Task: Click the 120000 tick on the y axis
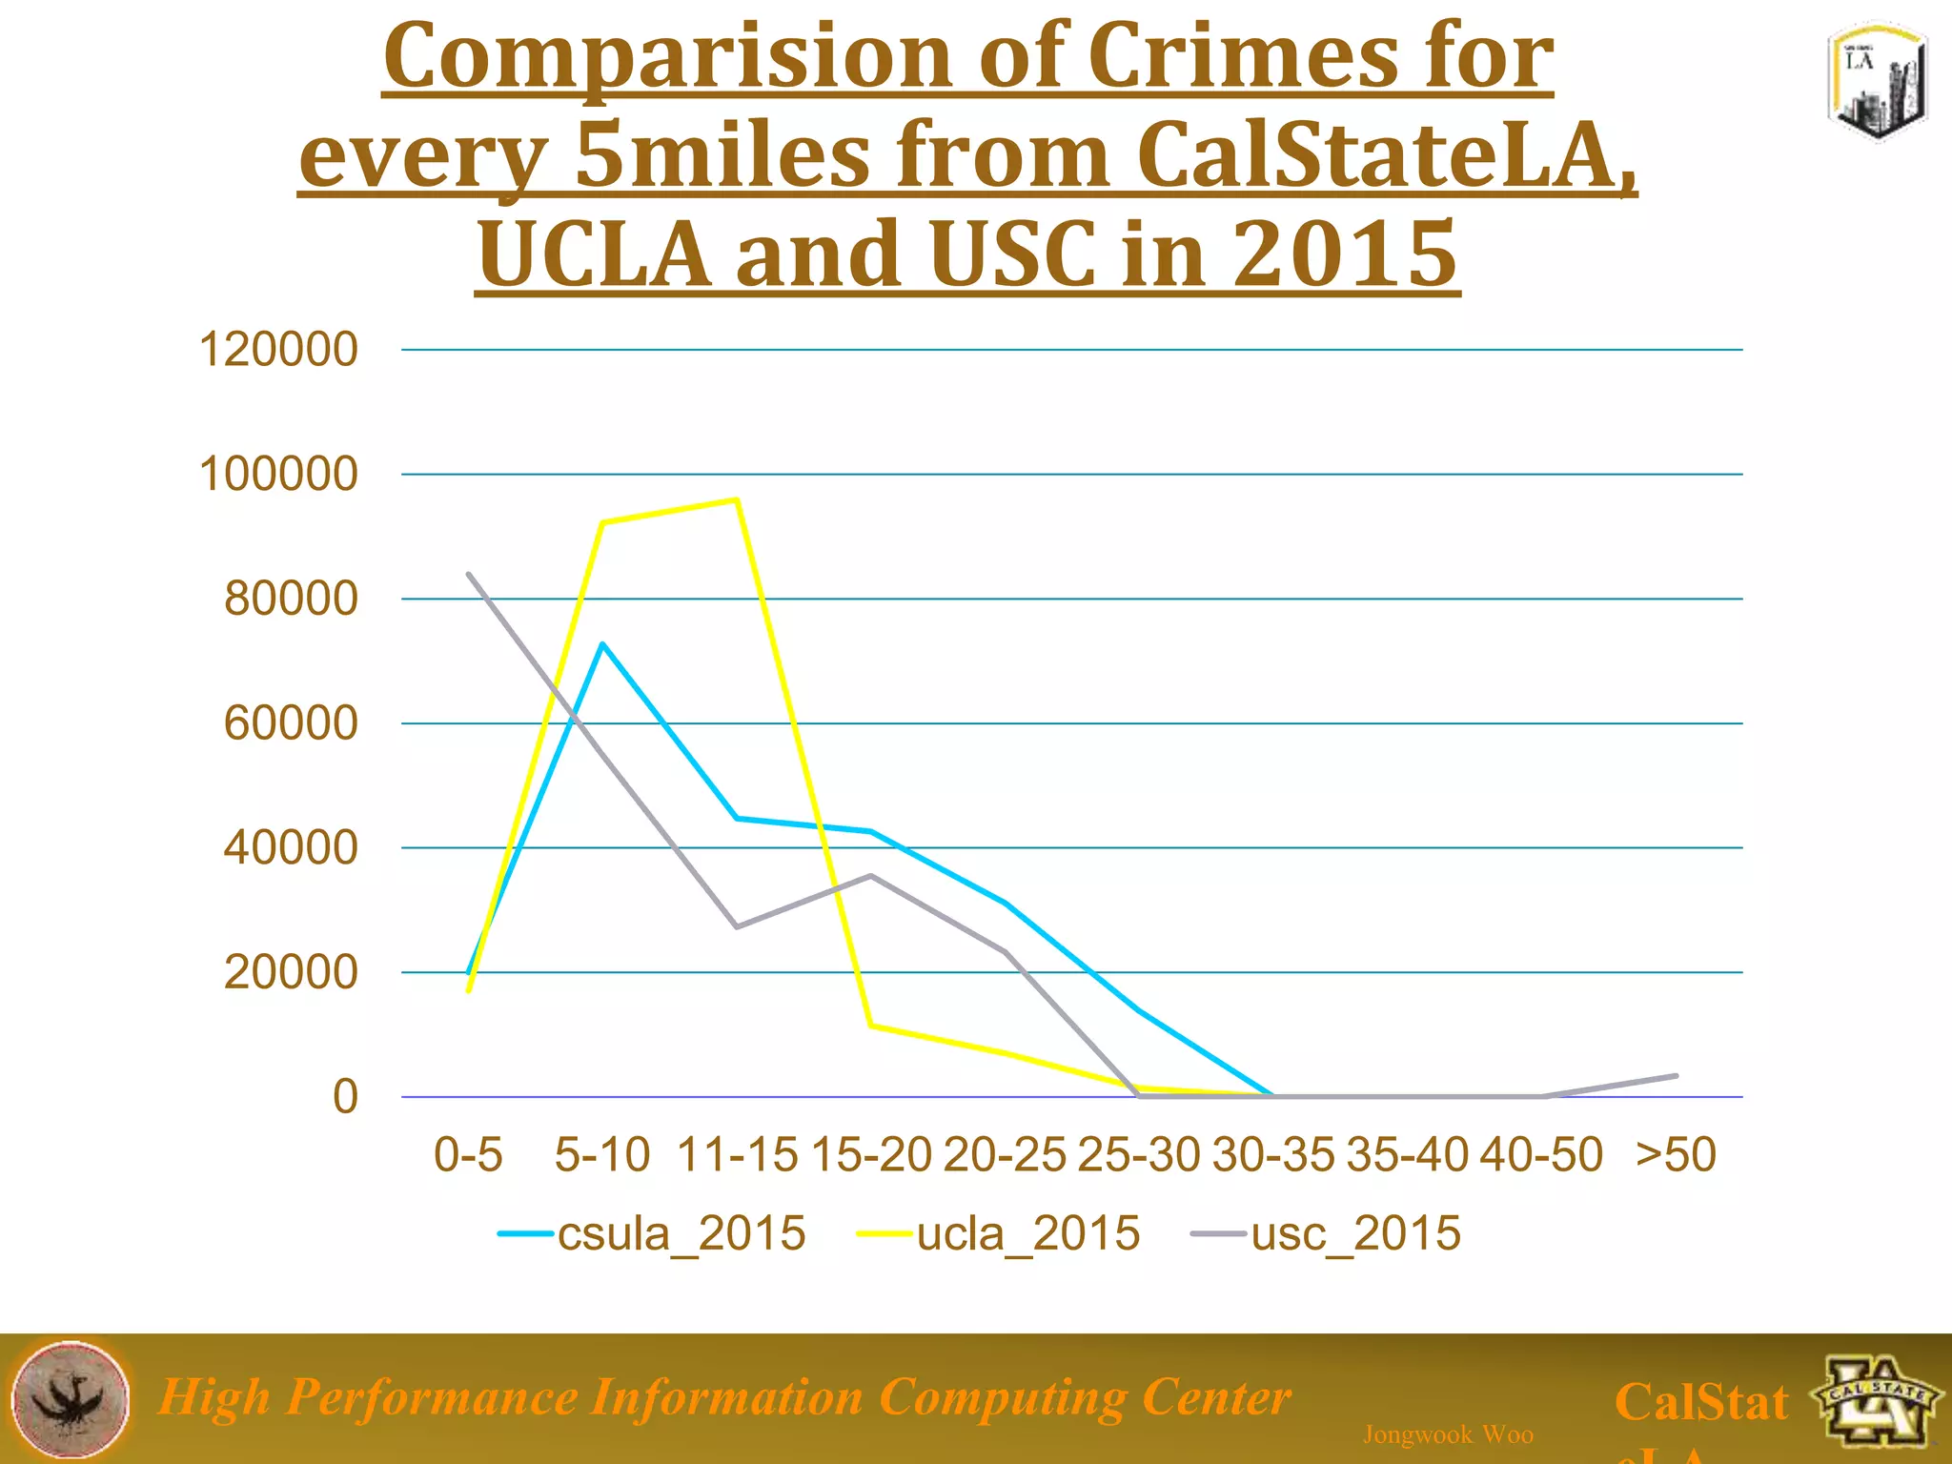[277, 350]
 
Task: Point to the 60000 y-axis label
[290, 723]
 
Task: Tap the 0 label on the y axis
[345, 1097]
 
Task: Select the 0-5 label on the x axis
[468, 1155]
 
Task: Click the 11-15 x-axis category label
[737, 1155]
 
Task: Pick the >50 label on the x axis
[1676, 1155]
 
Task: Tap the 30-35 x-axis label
[1273, 1155]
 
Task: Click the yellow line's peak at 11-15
[737, 499]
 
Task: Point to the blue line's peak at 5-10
[602, 644]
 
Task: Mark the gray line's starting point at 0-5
[468, 574]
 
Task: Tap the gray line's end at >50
[1676, 1076]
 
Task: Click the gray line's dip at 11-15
[737, 926]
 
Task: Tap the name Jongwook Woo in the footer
[1448, 1434]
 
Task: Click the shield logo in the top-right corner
[1877, 83]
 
